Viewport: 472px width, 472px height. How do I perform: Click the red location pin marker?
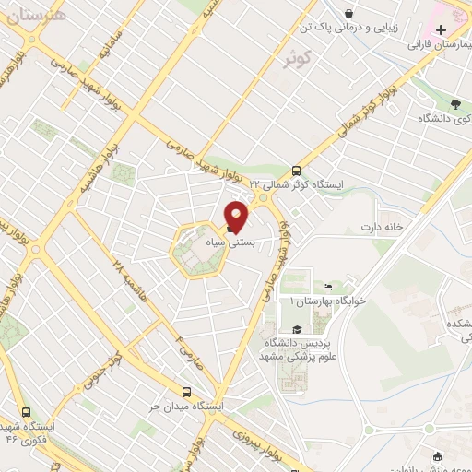click(x=237, y=216)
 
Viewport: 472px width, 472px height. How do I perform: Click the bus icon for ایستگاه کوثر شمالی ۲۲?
click(x=296, y=171)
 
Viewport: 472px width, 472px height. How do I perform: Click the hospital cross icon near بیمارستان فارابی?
click(x=441, y=29)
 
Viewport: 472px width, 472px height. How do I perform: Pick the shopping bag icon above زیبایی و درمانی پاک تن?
click(x=349, y=12)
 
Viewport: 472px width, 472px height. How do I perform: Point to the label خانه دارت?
click(x=383, y=226)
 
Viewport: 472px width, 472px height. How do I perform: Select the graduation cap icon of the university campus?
click(x=296, y=330)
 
